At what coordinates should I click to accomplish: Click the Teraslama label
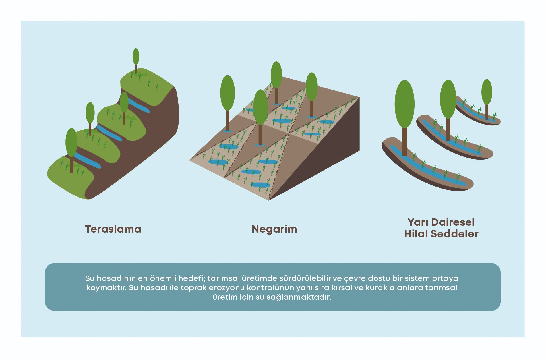click(113, 229)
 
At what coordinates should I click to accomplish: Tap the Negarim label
click(274, 229)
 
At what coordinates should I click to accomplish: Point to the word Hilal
click(416, 234)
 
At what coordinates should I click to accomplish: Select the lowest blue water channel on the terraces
click(87, 160)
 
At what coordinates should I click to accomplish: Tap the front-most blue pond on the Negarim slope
click(260, 185)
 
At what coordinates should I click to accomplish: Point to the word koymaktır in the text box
click(106, 288)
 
